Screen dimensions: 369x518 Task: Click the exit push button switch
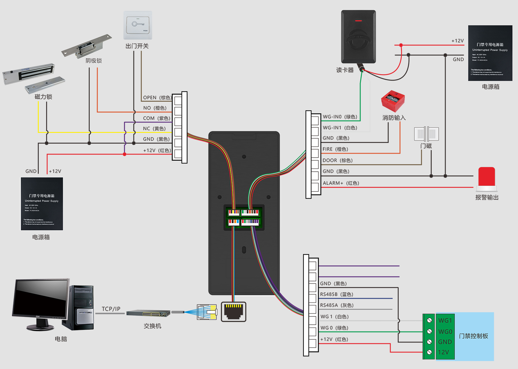point(138,25)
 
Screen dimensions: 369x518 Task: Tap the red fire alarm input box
point(393,101)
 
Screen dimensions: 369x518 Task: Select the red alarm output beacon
point(487,178)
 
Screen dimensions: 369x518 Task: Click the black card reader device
point(358,37)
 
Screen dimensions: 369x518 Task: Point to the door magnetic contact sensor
point(426,134)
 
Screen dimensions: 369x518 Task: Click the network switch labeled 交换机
point(148,313)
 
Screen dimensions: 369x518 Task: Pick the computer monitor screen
point(41,298)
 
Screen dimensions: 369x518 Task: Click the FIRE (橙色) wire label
point(335,149)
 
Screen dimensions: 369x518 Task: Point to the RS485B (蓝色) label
point(336,294)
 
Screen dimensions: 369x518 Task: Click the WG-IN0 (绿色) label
point(340,117)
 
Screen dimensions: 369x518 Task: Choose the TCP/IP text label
point(111,309)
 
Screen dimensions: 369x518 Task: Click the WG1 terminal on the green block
point(445,320)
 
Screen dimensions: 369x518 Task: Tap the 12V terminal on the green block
point(444,352)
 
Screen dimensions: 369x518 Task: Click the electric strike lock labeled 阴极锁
point(87,46)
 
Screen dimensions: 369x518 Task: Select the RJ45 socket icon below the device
point(234,312)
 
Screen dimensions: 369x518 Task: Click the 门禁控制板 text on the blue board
point(473,336)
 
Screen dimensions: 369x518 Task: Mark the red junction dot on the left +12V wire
point(125,154)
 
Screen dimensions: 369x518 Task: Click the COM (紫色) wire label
point(157,118)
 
